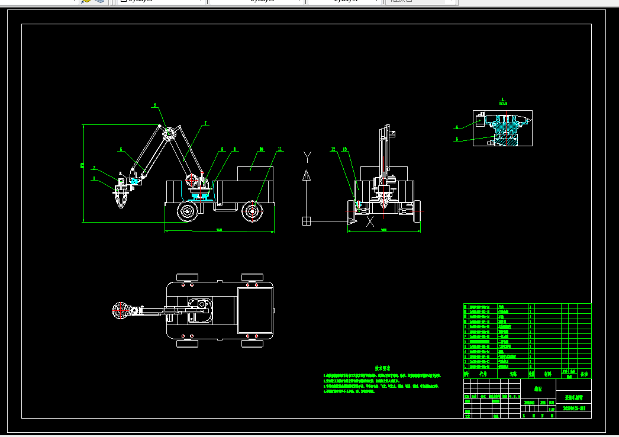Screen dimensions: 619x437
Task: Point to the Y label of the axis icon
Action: coord(307,157)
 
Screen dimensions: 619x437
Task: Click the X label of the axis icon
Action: coord(370,222)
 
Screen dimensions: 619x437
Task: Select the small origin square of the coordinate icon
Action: coord(307,221)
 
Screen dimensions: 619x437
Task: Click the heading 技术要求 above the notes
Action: coord(383,368)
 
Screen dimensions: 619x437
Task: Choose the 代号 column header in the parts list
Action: coord(483,374)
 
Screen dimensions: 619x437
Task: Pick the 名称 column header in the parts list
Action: coord(513,374)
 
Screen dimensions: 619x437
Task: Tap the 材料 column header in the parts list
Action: coord(548,374)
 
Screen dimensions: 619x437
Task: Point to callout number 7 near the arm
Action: coord(206,123)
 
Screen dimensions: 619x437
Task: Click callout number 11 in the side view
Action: coord(280,149)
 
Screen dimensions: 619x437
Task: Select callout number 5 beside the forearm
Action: coord(121,150)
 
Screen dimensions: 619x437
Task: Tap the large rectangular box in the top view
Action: coord(256,309)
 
